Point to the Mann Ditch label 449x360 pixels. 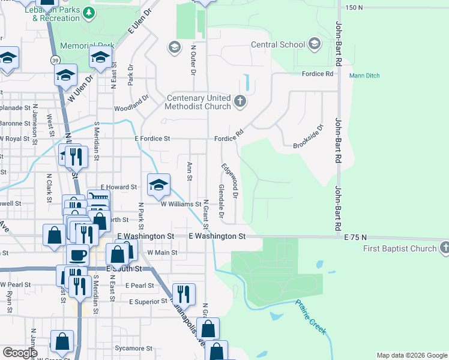pyautogui.click(x=364, y=76)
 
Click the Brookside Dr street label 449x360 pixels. pyautogui.click(x=308, y=137)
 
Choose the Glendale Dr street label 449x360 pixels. pyautogui.click(x=221, y=202)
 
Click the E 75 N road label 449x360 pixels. pyautogui.click(x=355, y=238)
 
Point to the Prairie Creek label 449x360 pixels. pyautogui.click(x=310, y=315)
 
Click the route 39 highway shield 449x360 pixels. pyautogui.click(x=55, y=61)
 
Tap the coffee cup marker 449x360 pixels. pyautogui.click(x=77, y=254)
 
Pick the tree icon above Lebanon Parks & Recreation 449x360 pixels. pyautogui.click(x=89, y=13)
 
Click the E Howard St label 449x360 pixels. pyautogui.click(x=119, y=187)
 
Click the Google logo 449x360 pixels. pyautogui.click(x=20, y=352)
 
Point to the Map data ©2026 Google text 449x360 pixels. pyautogui.click(x=411, y=355)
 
